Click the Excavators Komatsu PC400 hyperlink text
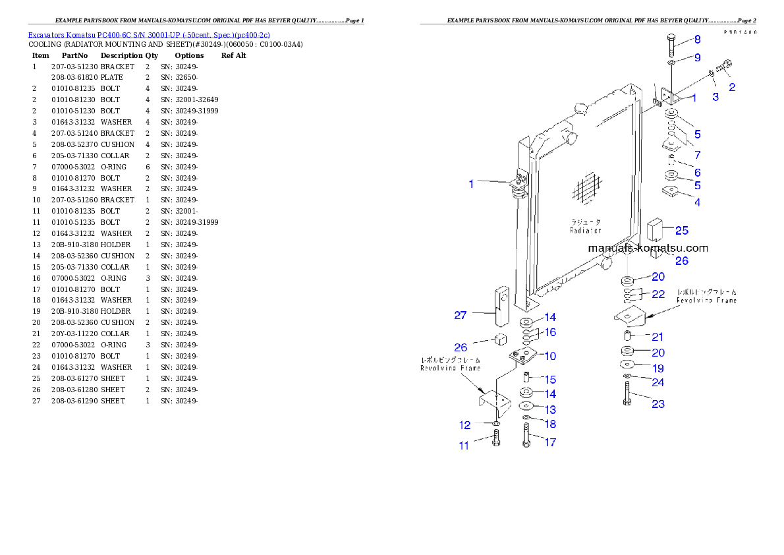pos(148,35)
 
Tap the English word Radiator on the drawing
pos(586,231)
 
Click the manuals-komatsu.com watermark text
pos(648,248)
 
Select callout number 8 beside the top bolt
pos(697,40)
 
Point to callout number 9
pos(697,58)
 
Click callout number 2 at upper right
pos(731,86)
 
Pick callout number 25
pos(681,231)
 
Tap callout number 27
pos(460,316)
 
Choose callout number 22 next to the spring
pos(658,294)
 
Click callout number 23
pos(658,404)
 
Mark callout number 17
pos(549,443)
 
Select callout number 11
pos(464,446)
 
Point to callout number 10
pos(549,356)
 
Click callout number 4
pos(697,202)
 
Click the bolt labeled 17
pos(526,436)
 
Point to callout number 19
pos(658,368)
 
